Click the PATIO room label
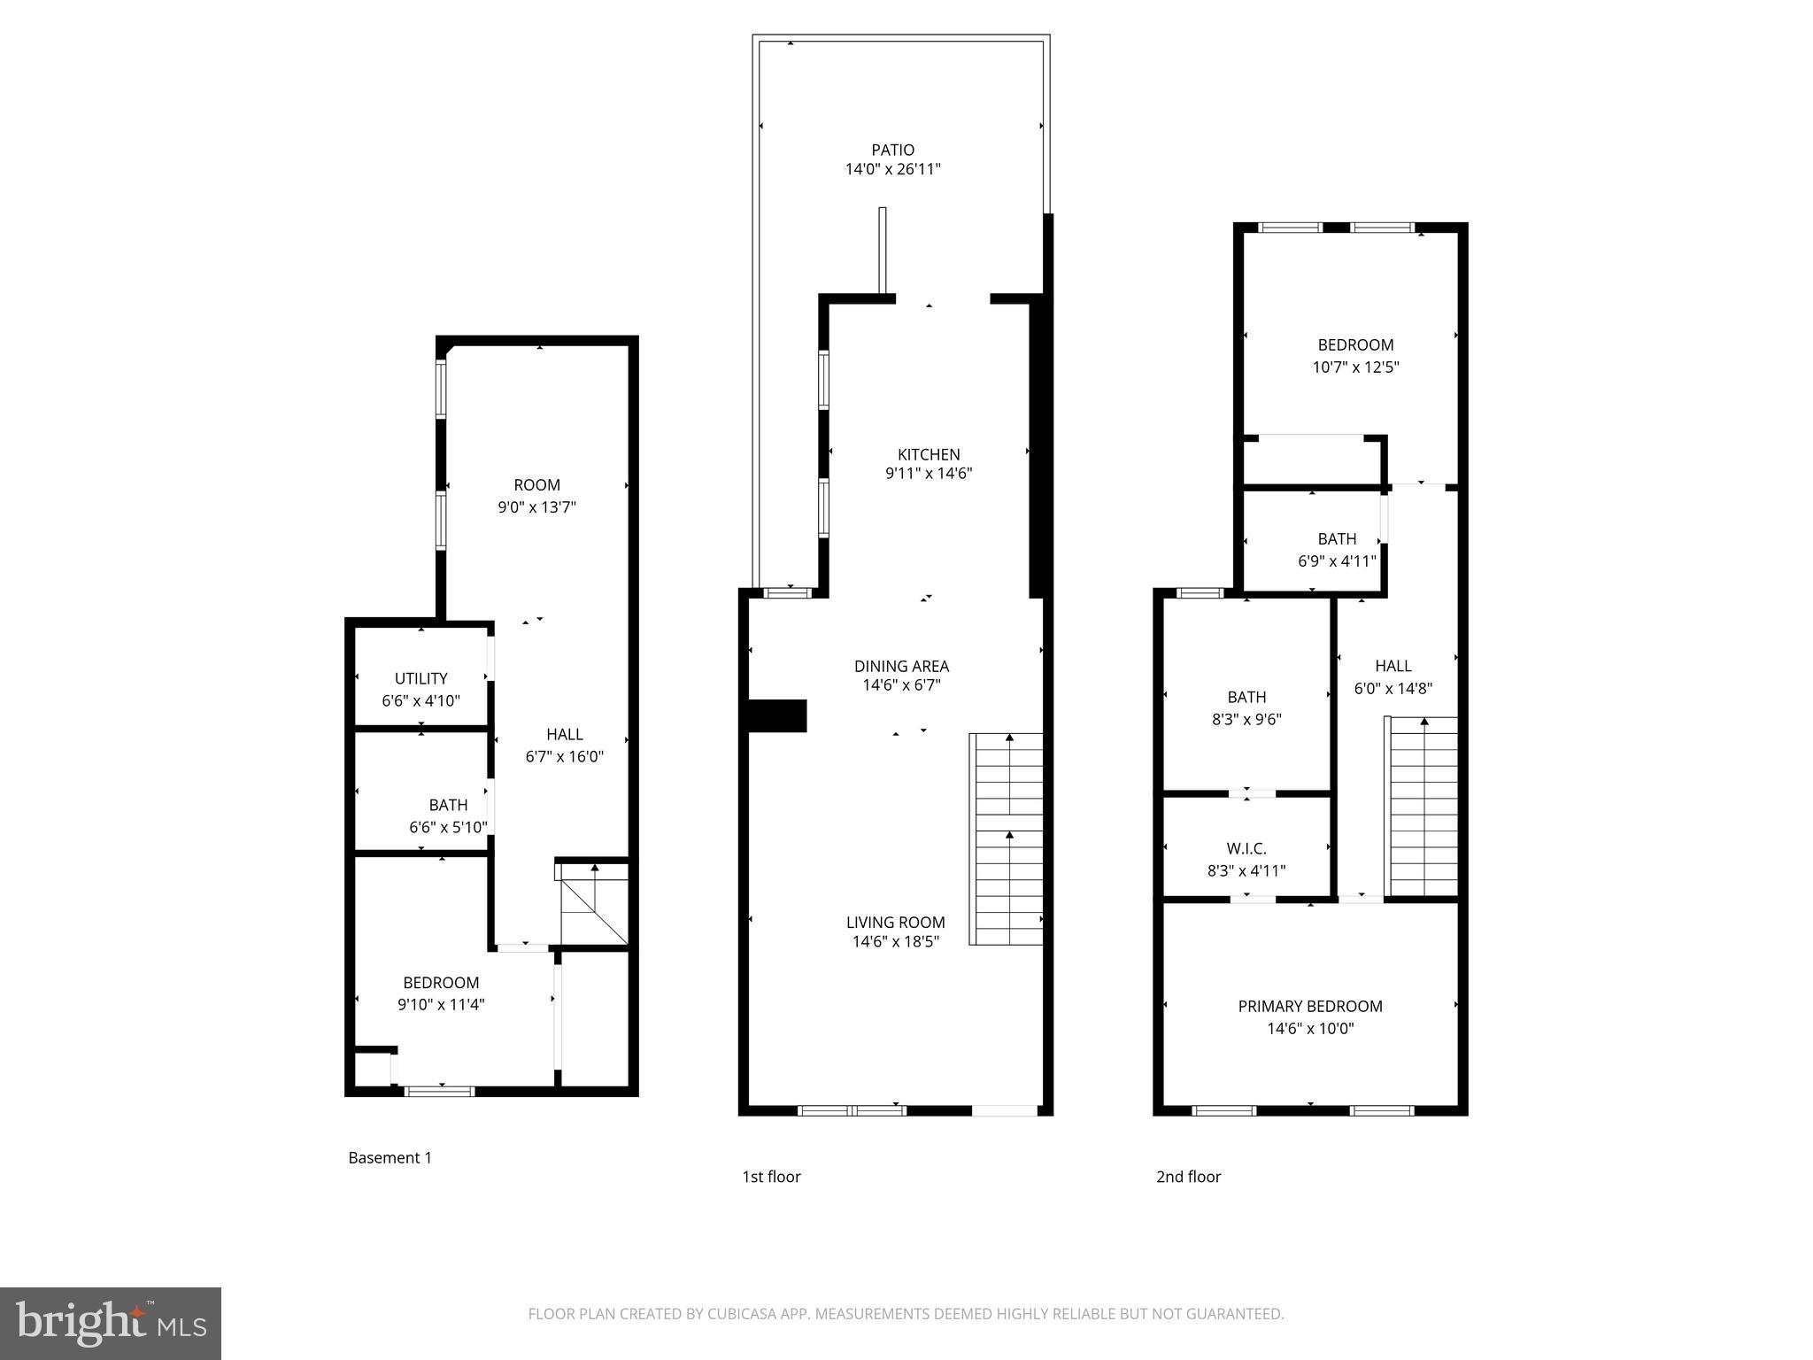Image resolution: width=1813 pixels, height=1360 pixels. tap(892, 150)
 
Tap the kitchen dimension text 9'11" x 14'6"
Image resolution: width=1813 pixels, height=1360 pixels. tap(929, 474)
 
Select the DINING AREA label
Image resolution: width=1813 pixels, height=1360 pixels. tap(901, 666)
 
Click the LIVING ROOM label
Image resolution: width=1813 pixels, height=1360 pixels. tap(895, 922)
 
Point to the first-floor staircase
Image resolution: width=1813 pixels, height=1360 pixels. tap(1007, 838)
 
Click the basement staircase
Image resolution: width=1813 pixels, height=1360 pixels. tap(593, 905)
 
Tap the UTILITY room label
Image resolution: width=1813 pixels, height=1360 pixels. tap(420, 678)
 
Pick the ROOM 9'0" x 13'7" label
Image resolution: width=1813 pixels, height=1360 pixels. tap(536, 485)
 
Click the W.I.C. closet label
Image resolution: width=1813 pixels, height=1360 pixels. tap(1246, 848)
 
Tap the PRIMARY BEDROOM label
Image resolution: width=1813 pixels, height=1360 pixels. tap(1309, 1006)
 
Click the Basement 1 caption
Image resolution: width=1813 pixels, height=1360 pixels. tap(390, 1157)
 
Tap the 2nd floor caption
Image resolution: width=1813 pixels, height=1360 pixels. tap(1188, 1176)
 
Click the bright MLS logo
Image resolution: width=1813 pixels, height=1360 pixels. tap(110, 1323)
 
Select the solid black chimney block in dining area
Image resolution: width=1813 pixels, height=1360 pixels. tap(777, 715)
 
